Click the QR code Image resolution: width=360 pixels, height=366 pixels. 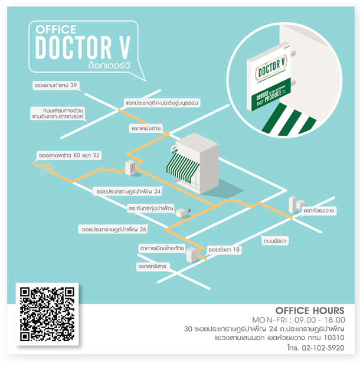[x=47, y=313]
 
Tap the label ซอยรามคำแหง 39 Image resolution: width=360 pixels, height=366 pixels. [x=56, y=86]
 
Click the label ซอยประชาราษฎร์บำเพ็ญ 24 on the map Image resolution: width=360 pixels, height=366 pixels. [x=127, y=191]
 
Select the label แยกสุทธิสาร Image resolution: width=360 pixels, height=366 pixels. [x=152, y=266]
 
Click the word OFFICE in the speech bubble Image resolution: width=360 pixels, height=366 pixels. [x=56, y=28]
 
